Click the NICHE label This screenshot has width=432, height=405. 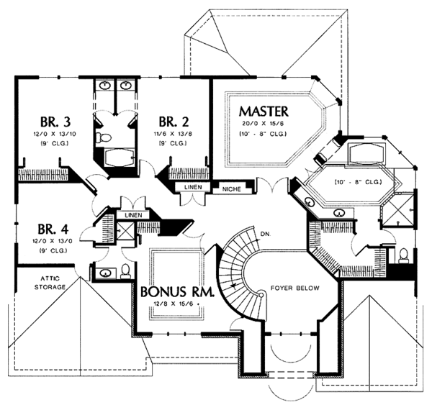click(x=232, y=188)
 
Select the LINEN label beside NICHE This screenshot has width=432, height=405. click(x=194, y=188)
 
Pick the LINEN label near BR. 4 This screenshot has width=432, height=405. click(x=132, y=215)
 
